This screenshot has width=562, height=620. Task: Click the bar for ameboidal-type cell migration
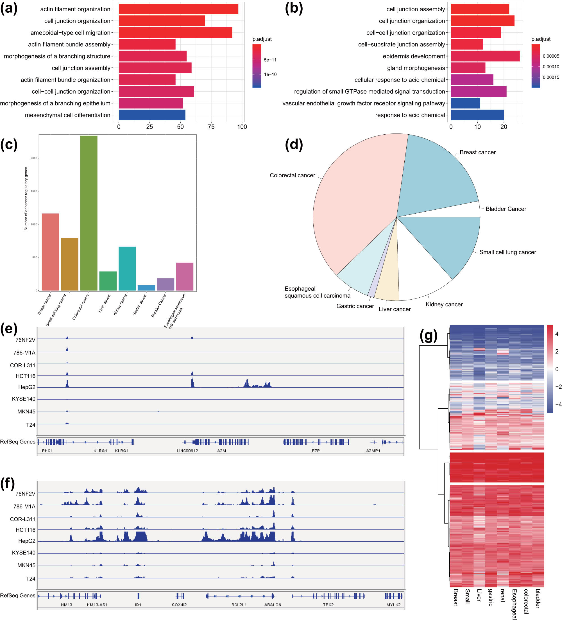click(x=175, y=33)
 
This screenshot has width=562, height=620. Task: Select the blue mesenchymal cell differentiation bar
click(x=152, y=115)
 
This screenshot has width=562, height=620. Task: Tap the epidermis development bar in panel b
click(x=485, y=56)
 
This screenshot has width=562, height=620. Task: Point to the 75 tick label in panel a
click(x=211, y=127)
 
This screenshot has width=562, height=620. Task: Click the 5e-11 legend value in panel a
click(x=270, y=60)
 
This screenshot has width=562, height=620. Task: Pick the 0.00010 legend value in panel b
click(x=551, y=67)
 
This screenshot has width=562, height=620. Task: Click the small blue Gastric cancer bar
click(x=146, y=288)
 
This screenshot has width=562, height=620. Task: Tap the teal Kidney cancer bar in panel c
click(x=127, y=268)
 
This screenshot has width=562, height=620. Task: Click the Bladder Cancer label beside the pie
click(x=506, y=209)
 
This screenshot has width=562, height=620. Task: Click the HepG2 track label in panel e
click(x=27, y=387)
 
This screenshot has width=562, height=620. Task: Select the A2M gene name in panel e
click(x=221, y=451)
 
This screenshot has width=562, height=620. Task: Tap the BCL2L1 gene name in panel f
click(x=239, y=605)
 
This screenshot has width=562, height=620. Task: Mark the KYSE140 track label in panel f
click(x=24, y=553)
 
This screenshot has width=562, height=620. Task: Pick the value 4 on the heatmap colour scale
click(x=556, y=334)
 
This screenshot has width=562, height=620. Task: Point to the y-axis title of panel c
click(x=26, y=198)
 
